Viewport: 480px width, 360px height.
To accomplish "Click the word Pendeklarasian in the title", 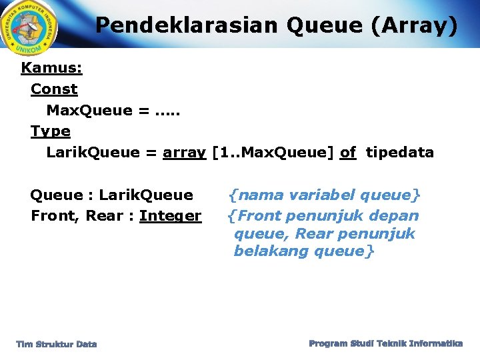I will click(185, 25).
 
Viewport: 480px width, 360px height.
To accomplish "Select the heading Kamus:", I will click(51, 68).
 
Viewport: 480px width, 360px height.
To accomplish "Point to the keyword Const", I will click(54, 89).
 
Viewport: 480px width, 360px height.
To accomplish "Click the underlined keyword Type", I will click(51, 131).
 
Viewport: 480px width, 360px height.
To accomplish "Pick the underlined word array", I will click(184, 153).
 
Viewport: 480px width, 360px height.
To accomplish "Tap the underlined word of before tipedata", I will click(347, 153).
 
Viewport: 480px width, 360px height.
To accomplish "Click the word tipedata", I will click(400, 153).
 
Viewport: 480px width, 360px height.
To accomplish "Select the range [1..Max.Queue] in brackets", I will click(273, 153).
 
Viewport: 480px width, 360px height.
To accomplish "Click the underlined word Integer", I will click(170, 216).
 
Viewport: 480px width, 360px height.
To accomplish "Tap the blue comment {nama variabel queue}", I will click(324, 195).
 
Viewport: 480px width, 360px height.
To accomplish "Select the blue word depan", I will click(396, 216).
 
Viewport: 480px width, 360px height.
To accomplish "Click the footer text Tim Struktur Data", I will click(57, 344).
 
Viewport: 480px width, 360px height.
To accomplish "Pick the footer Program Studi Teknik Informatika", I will click(385, 343).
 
